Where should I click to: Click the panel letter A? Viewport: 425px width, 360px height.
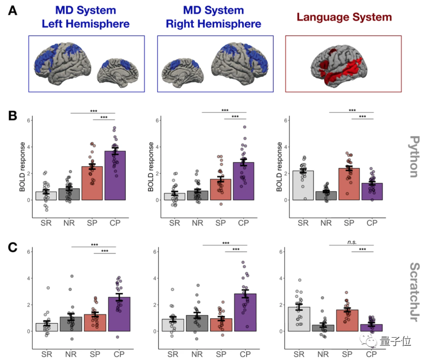[13, 11]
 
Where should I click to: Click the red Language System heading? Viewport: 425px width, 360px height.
[344, 17]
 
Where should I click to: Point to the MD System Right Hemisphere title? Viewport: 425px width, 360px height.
[213, 17]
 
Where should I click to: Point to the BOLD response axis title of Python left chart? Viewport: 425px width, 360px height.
[22, 167]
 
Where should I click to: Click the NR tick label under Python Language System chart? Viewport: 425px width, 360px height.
[326, 223]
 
